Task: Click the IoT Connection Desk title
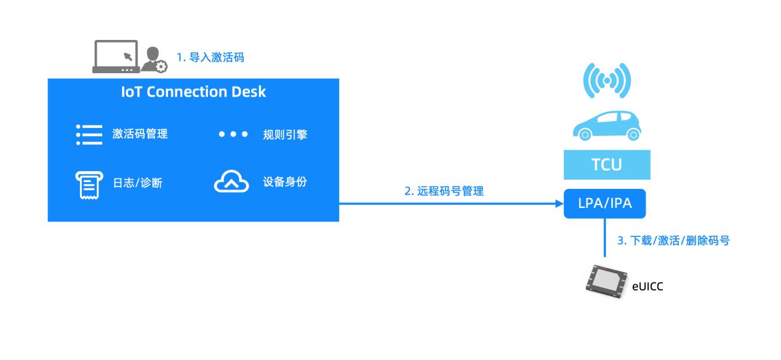193,92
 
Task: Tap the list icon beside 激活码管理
89,135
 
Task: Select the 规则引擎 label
285,135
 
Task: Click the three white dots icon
233,134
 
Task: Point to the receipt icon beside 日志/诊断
89,185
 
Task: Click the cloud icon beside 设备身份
231,181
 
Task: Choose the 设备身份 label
285,182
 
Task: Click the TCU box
607,164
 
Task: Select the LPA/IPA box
604,204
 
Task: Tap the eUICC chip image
606,282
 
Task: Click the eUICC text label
647,287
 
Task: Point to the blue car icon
607,126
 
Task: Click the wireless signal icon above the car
607,81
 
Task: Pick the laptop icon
116,57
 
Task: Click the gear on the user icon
161,66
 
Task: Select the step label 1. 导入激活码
210,57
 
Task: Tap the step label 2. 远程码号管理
444,191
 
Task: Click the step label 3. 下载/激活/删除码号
674,241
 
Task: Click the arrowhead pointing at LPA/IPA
559,204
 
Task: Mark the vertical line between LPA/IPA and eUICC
604,238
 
